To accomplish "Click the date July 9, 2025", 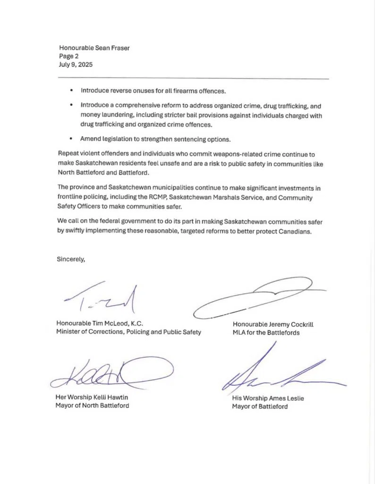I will (76, 65).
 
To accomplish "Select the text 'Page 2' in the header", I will (69, 56).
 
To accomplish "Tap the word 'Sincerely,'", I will (71, 259).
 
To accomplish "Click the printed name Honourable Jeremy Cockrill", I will (273, 324).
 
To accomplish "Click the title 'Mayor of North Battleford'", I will (92, 406).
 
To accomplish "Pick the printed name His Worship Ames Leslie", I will (268, 398).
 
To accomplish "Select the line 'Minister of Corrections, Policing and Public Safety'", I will (128, 332).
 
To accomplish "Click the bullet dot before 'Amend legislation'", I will (71, 139).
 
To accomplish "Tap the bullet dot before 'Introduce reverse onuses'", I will (71, 90).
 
